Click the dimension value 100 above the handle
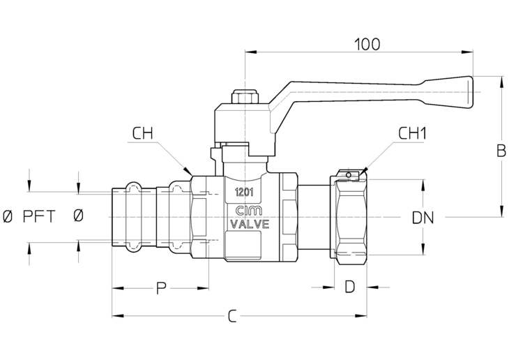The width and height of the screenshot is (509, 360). (x=367, y=45)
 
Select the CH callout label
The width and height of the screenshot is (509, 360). (x=142, y=133)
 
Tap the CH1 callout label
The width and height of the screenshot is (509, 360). (x=412, y=133)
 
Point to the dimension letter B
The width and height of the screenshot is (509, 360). (x=501, y=151)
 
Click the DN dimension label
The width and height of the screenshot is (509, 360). (x=423, y=218)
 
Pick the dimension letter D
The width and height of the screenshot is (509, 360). (x=349, y=287)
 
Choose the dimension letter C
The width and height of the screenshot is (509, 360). (x=232, y=316)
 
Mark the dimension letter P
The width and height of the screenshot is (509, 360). (x=161, y=288)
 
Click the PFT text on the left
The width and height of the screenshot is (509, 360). (x=39, y=217)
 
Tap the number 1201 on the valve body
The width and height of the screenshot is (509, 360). (x=244, y=193)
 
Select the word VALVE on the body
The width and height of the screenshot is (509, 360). (x=250, y=224)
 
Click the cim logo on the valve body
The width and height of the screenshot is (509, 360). (x=249, y=211)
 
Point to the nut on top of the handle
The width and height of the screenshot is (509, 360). (x=245, y=97)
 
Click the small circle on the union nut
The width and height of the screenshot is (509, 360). (x=349, y=175)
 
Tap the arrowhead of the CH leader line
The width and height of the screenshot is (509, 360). (x=188, y=171)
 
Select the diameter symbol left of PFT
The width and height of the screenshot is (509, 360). (x=7, y=217)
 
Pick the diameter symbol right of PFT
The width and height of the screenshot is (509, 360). (x=78, y=216)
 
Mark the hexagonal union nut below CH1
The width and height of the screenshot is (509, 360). (x=351, y=217)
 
